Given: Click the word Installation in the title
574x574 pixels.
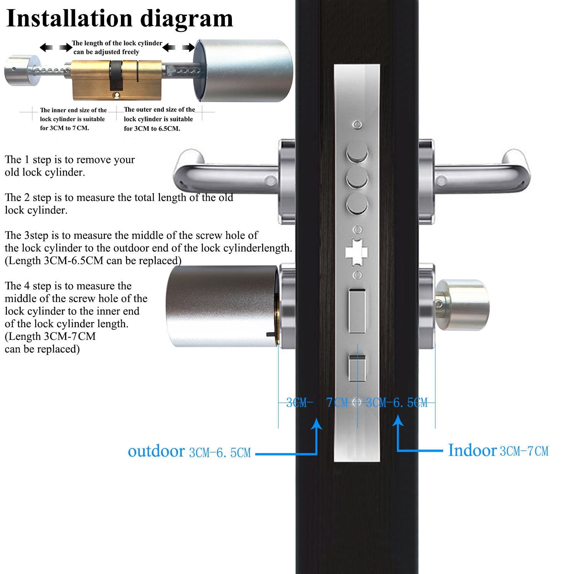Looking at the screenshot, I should pos(69,18).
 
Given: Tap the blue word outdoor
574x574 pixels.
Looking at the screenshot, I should pos(156,451).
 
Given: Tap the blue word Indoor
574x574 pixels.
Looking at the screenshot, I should pos(472,450).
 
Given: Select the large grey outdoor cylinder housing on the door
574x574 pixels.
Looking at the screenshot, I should pos(222,306).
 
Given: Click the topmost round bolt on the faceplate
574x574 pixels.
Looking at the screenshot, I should pos(357,155).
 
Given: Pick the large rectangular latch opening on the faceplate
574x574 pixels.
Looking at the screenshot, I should pos(357,311).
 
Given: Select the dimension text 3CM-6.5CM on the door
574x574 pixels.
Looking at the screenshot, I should pos(396,403).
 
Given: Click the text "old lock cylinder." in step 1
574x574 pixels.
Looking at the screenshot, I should pos(45,173).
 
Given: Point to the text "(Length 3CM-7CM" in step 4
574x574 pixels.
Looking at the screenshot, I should pos(50,336).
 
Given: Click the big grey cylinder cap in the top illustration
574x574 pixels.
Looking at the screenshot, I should pos(245,71).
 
